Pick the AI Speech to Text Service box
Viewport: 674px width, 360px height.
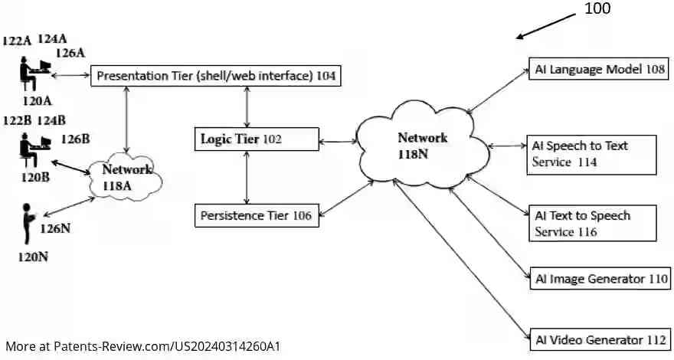pos(592,153)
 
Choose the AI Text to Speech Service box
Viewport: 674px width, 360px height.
pos(592,223)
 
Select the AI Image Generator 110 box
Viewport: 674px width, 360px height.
pos(600,279)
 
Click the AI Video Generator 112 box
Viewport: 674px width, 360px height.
pos(600,339)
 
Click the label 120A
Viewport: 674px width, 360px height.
pos(36,100)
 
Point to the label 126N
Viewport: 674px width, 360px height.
pos(55,227)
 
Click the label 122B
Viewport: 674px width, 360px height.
pos(16,120)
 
